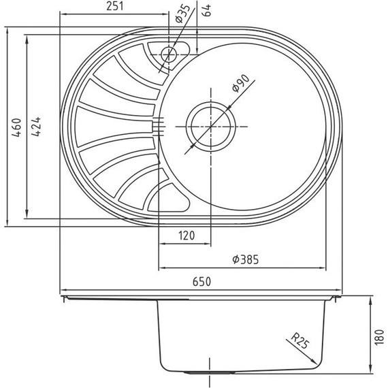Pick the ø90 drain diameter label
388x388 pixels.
(241, 86)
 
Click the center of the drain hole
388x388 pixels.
(210, 125)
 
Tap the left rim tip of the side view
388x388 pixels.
(63, 297)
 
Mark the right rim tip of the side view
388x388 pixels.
(341, 297)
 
